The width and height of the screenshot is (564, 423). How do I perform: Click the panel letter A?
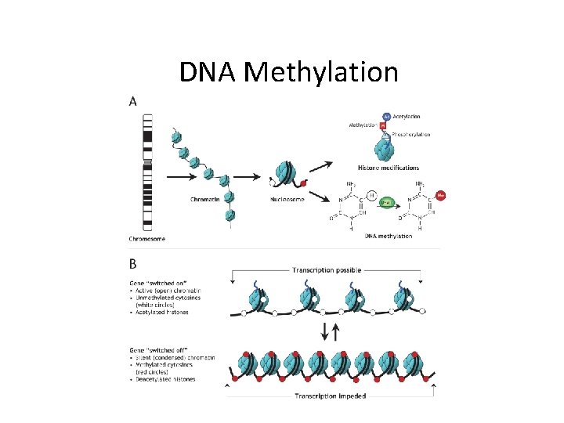click(132, 100)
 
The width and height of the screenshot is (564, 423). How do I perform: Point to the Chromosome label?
click(147, 238)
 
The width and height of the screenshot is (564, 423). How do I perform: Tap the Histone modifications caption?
click(388, 168)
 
